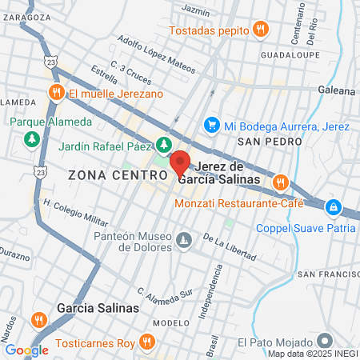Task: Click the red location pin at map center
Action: coord(180,163)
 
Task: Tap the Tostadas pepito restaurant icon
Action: coord(260,30)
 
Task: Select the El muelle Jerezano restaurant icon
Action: coord(55,93)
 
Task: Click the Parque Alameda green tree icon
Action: coord(31,139)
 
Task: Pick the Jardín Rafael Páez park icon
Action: coord(164,145)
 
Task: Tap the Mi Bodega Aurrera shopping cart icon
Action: coord(211,125)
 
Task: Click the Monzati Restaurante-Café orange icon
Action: coord(279,182)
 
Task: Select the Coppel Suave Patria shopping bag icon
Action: coord(331,207)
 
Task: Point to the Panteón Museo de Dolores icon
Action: coord(185,240)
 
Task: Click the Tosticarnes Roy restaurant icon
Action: coord(146,342)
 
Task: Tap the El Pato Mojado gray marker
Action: coord(325,341)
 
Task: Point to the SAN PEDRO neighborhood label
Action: coord(270,141)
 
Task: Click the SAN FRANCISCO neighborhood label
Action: coord(328,274)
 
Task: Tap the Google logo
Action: coord(26,350)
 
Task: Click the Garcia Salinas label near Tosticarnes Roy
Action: coord(98,307)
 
